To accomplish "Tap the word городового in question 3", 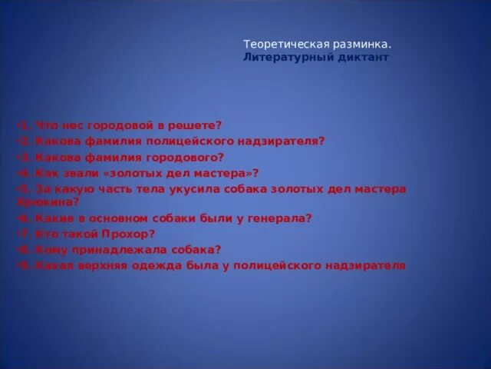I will coord(185,157).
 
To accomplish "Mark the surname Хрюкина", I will coord(48,202).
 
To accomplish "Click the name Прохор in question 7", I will coord(127,234).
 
